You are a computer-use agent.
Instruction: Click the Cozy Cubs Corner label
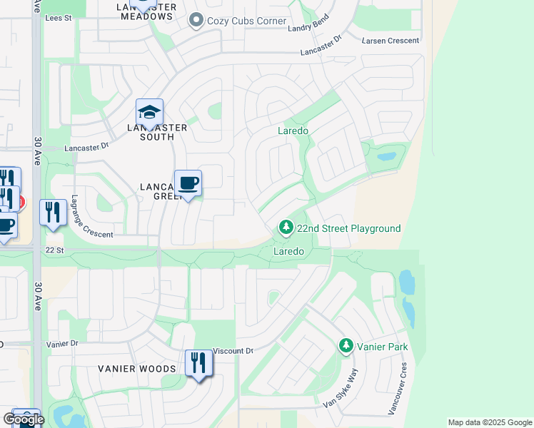246,21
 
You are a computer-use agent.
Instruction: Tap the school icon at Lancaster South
150,113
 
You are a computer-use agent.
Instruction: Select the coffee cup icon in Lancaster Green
188,183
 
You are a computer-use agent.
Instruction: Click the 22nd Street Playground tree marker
286,228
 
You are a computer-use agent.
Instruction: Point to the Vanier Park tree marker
346,346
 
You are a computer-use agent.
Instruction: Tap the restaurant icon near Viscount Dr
198,363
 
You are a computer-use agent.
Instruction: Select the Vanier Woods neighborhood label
136,369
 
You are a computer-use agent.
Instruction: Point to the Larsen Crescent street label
391,41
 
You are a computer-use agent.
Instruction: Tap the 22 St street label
54,250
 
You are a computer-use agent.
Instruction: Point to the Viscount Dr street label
234,351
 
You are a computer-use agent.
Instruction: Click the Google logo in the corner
24,419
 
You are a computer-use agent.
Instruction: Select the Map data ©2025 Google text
490,422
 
